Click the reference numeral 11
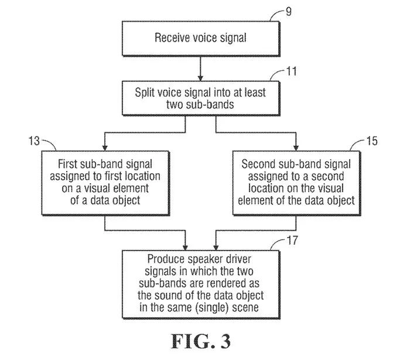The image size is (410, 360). click(x=291, y=72)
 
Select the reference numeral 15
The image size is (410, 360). click(x=371, y=140)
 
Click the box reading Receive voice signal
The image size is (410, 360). click(x=200, y=39)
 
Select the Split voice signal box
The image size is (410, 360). click(x=200, y=98)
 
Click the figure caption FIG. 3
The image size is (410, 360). click(x=200, y=341)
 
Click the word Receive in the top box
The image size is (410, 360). click(x=170, y=39)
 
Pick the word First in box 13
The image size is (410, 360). click(x=68, y=163)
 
